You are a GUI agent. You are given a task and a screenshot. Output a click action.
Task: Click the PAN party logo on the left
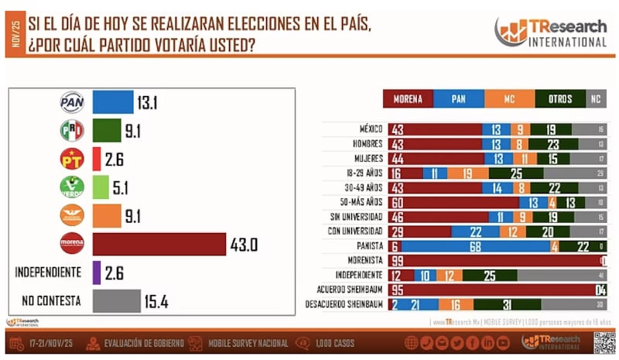coord(72,102)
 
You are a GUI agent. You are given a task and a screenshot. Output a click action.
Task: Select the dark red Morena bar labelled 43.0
coord(159,243)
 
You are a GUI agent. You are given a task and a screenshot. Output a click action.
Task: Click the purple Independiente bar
coord(96,273)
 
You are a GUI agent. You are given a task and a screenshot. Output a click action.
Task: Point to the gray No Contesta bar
coord(116,300)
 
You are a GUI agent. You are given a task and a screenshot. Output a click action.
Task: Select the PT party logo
coord(72,159)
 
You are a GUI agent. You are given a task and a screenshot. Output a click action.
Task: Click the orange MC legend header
coord(509,99)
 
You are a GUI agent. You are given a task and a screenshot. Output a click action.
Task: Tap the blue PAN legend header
coord(458,99)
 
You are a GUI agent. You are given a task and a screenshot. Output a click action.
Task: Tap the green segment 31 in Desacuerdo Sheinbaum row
coord(508,303)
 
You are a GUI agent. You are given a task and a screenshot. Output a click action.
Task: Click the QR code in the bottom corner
coord(603,341)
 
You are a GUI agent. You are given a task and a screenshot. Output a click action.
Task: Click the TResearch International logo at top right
coord(550,32)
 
